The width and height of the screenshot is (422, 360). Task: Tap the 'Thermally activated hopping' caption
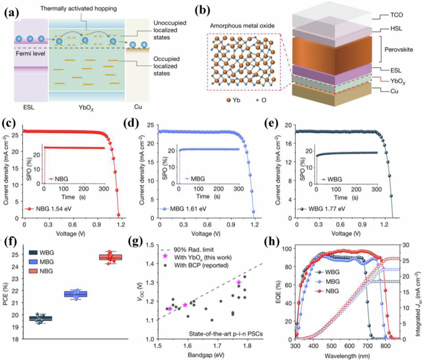(x=79, y=9)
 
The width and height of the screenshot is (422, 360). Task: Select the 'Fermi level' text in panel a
(x=30, y=54)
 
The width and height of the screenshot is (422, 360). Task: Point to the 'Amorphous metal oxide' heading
(x=242, y=26)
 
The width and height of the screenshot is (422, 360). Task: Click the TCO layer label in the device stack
(x=396, y=15)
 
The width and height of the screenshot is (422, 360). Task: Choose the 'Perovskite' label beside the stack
(x=399, y=49)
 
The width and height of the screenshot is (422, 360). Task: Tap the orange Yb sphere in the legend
(x=229, y=100)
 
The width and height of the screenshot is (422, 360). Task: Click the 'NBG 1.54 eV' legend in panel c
(x=54, y=209)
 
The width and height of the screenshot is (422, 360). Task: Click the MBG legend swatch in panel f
(x=33, y=262)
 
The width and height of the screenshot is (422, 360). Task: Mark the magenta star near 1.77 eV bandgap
(x=238, y=282)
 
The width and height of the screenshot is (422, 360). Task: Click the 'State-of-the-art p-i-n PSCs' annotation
(x=226, y=334)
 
